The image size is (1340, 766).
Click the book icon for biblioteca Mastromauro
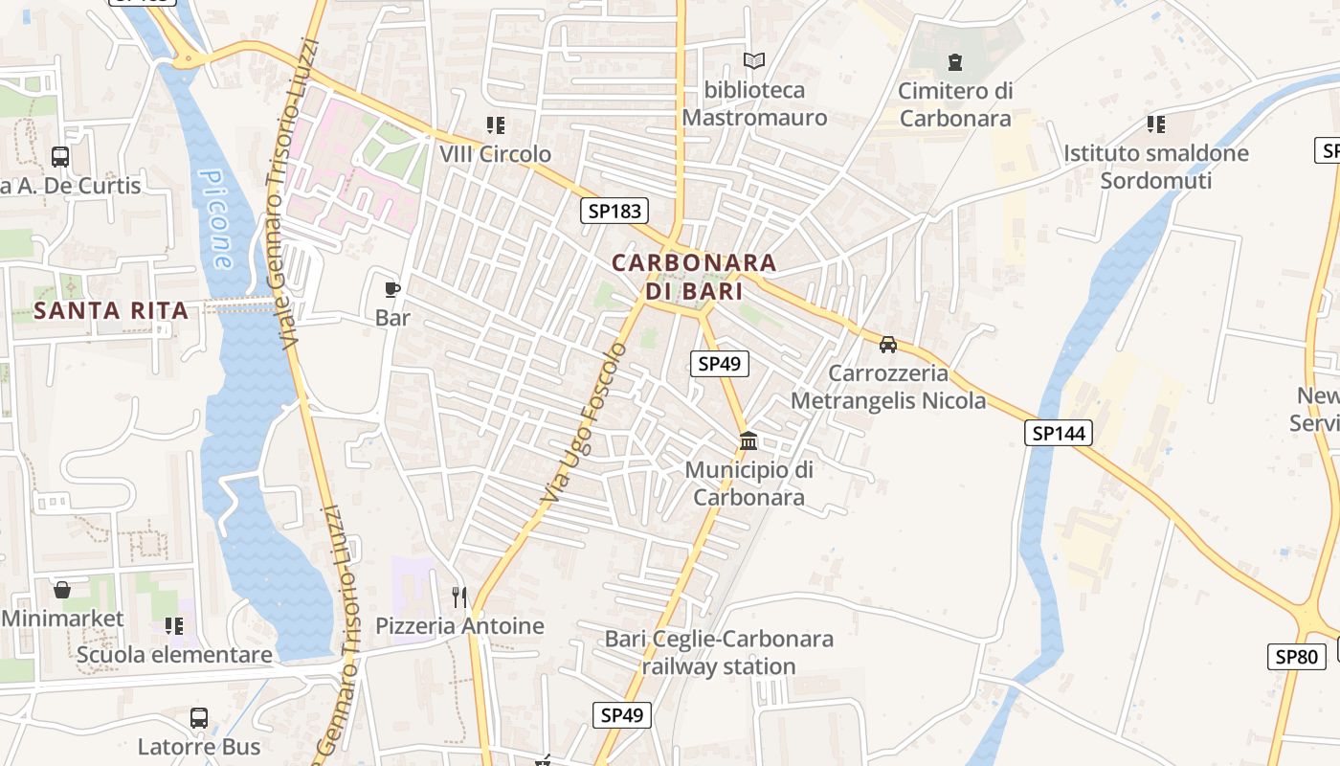pyautogui.click(x=754, y=61)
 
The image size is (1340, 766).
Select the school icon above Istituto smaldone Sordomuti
pyautogui.click(x=1155, y=124)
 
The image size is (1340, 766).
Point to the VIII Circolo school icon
pyautogui.click(x=495, y=125)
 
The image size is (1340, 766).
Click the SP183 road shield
pyautogui.click(x=614, y=211)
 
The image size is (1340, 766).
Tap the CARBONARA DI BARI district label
pyautogui.click(x=694, y=276)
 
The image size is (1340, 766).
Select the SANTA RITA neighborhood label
pyautogui.click(x=111, y=310)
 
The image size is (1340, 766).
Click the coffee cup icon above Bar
pyautogui.click(x=391, y=289)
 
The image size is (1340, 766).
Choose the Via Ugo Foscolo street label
pyautogui.click(x=584, y=424)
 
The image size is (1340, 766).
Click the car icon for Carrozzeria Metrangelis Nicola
pyautogui.click(x=888, y=345)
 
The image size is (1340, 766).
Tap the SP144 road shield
pyautogui.click(x=1059, y=434)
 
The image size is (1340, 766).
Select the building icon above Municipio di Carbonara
pyautogui.click(x=748, y=441)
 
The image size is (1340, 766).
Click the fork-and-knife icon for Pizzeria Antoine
pyautogui.click(x=459, y=597)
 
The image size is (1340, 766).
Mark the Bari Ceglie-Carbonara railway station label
pyautogui.click(x=719, y=652)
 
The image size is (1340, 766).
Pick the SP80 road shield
pyautogui.click(x=1297, y=657)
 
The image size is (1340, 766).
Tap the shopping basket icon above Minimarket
pyautogui.click(x=62, y=590)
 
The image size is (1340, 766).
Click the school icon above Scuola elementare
pyautogui.click(x=173, y=626)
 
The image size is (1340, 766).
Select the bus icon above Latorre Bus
pyautogui.click(x=199, y=718)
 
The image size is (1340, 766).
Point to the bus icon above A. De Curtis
pyautogui.click(x=60, y=157)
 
